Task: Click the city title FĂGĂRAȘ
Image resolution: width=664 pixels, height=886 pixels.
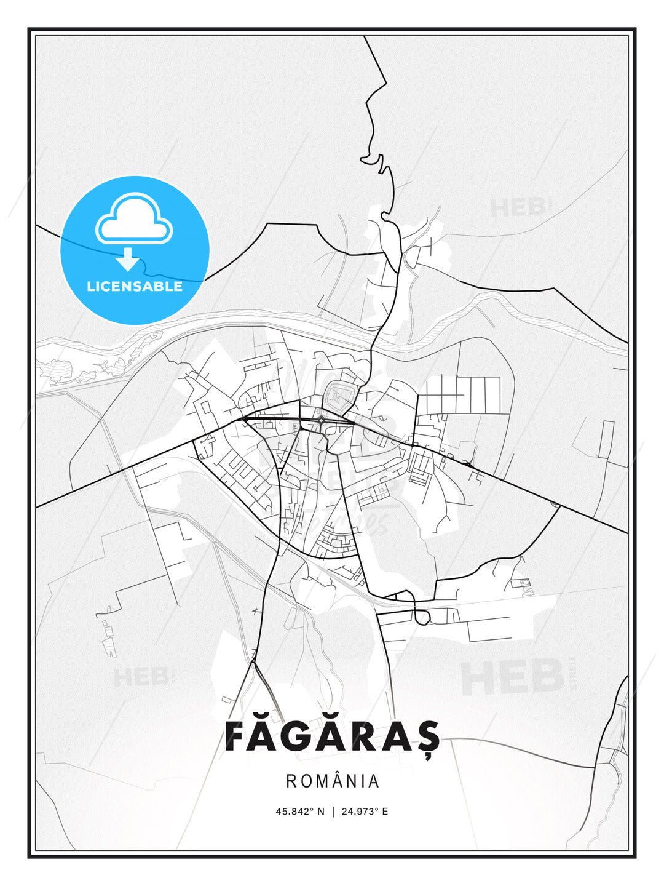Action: [x=332, y=736]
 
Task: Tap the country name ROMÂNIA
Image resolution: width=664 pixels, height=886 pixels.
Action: [x=332, y=781]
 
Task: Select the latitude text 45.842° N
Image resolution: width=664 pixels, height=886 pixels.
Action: [x=299, y=812]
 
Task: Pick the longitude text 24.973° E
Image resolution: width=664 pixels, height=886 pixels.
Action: [x=363, y=812]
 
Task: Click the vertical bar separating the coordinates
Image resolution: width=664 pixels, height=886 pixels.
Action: [x=333, y=812]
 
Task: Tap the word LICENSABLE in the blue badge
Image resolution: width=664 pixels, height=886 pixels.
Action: [x=135, y=287]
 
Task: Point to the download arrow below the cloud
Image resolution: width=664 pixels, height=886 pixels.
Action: [x=128, y=259]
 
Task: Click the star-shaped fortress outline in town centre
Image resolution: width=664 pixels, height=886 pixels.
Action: [x=338, y=396]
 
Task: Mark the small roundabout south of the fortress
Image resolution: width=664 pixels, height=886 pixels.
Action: [x=322, y=420]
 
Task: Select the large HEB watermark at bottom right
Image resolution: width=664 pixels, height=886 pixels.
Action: [x=513, y=677]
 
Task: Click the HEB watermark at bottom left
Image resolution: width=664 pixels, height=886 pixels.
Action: [x=140, y=677]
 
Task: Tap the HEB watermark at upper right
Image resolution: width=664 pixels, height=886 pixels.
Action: [x=517, y=207]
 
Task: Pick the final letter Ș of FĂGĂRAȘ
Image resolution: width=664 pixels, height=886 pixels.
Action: [x=429, y=736]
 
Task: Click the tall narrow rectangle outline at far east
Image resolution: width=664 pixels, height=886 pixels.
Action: [x=606, y=439]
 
